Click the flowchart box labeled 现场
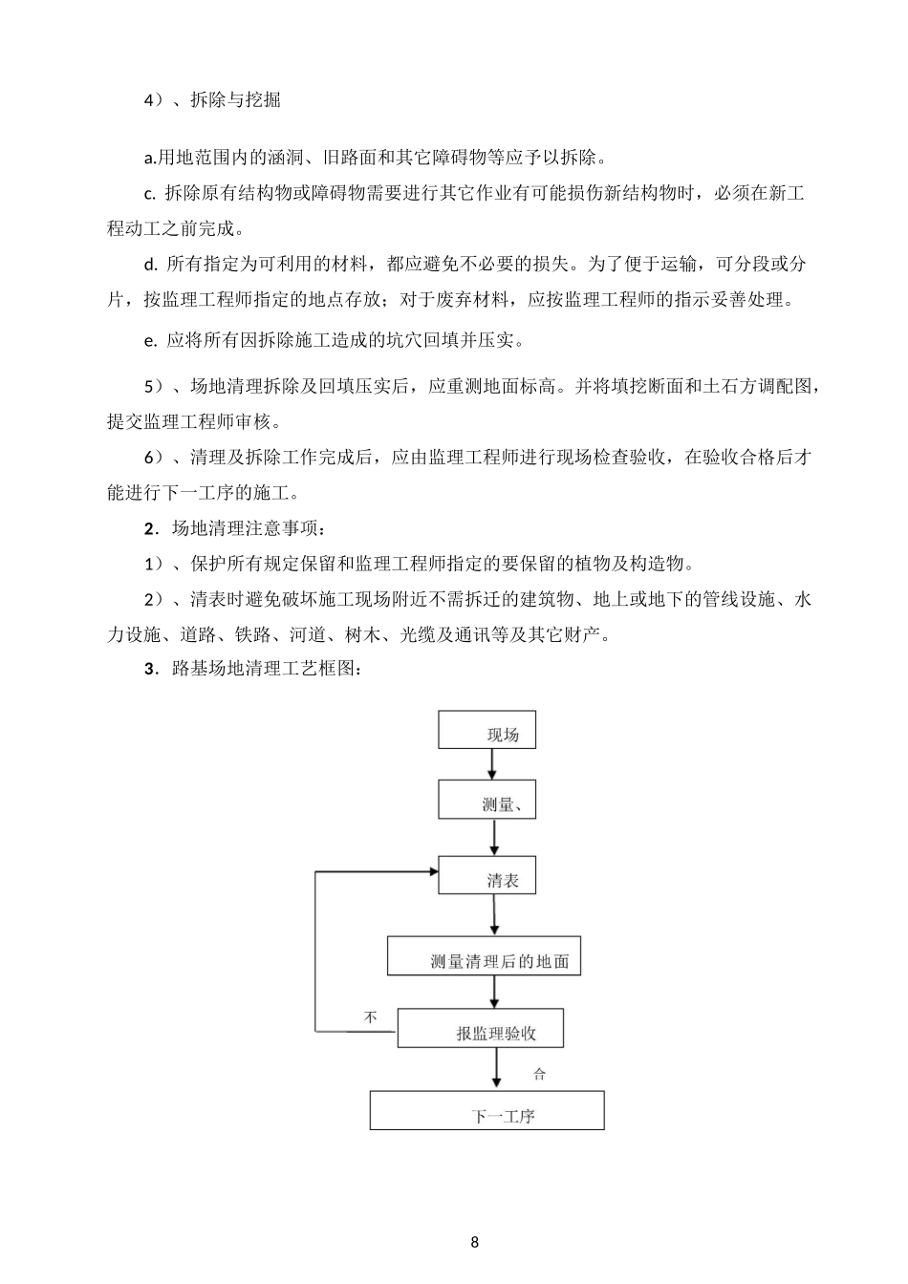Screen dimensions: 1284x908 486,730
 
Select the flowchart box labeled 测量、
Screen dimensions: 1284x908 486,800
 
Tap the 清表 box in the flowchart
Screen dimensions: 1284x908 486,875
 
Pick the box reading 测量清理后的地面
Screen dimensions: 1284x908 483,955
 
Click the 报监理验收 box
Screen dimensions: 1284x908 480,1029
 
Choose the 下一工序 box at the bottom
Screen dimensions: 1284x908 486,1111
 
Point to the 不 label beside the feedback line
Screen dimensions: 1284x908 371,1017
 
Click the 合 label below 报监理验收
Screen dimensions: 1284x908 539,1075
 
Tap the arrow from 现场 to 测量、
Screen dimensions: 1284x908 492,764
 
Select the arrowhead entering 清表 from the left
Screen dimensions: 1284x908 431,871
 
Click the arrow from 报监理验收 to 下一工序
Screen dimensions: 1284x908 495,1069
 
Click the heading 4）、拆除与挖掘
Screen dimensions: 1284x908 211,100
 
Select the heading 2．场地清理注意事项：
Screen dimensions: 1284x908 234,528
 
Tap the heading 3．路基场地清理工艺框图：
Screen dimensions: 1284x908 252,669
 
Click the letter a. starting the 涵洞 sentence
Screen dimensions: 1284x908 150,157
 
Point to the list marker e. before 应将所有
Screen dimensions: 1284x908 150,339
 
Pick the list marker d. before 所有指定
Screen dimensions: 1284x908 150,264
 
